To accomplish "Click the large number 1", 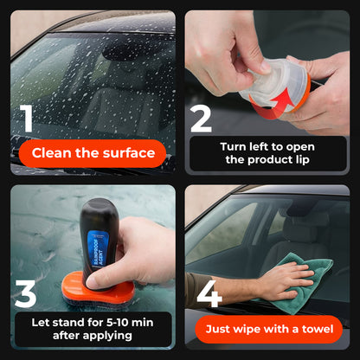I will (x=28, y=119).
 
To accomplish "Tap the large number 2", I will (x=201, y=119).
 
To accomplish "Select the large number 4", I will (x=209, y=293).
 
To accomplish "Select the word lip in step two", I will (x=307, y=160).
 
